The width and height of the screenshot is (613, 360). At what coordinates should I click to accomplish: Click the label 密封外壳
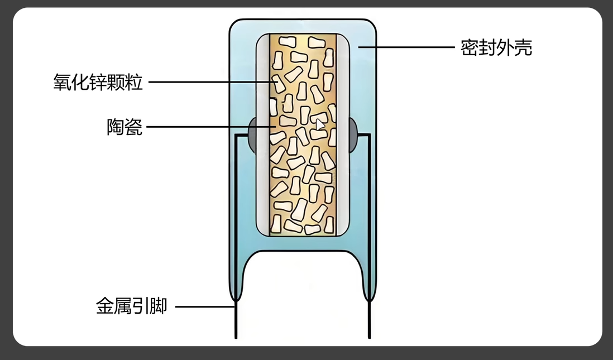pos(496,47)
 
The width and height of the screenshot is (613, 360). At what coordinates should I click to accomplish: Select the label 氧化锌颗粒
pos(98,83)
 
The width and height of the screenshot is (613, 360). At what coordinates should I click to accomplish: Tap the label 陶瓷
pos(124,127)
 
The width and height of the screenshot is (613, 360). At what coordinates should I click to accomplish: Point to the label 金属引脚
pos(132,306)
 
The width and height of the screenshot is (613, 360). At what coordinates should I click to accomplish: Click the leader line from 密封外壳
pos(408,47)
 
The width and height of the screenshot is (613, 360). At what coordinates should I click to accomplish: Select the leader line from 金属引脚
pos(204,306)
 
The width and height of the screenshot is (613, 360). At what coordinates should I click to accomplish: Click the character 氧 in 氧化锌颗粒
pos(62,83)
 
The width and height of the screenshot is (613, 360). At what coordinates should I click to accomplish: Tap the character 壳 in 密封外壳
pos(524,47)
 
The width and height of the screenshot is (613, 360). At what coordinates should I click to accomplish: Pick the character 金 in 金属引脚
pos(105,306)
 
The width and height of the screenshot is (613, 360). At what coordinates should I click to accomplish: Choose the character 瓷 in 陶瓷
pos(134,127)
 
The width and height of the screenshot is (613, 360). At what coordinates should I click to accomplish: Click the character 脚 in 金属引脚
pos(159,306)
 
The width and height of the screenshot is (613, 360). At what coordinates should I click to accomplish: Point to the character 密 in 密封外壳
pos(470,47)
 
